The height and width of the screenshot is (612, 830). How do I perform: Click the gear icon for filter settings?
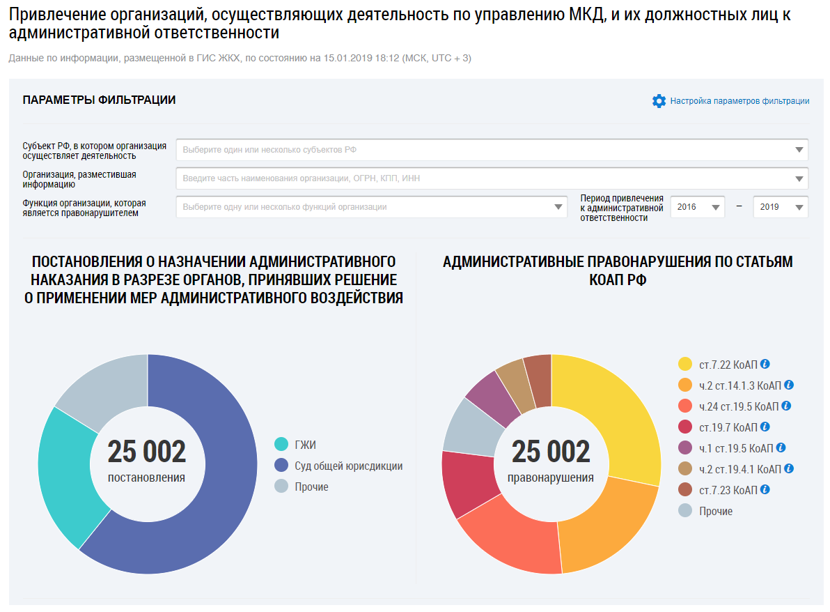click(659, 101)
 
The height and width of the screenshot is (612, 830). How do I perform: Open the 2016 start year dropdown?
click(697, 207)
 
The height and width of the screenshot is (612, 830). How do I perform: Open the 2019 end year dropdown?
click(780, 207)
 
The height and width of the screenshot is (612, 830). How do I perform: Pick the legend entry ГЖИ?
click(305, 445)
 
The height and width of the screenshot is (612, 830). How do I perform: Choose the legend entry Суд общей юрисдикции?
click(349, 466)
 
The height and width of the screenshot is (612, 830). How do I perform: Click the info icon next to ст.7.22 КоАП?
click(765, 364)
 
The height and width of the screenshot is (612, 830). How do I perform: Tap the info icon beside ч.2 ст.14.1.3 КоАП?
click(789, 385)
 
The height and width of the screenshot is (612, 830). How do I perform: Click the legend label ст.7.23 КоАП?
click(728, 490)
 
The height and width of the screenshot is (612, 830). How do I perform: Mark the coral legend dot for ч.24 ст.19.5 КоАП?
click(685, 406)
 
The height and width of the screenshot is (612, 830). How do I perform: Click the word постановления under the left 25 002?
click(146, 477)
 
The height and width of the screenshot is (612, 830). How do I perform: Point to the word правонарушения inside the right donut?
click(551, 477)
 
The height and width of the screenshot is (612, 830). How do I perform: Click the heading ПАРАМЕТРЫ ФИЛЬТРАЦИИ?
click(99, 100)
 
